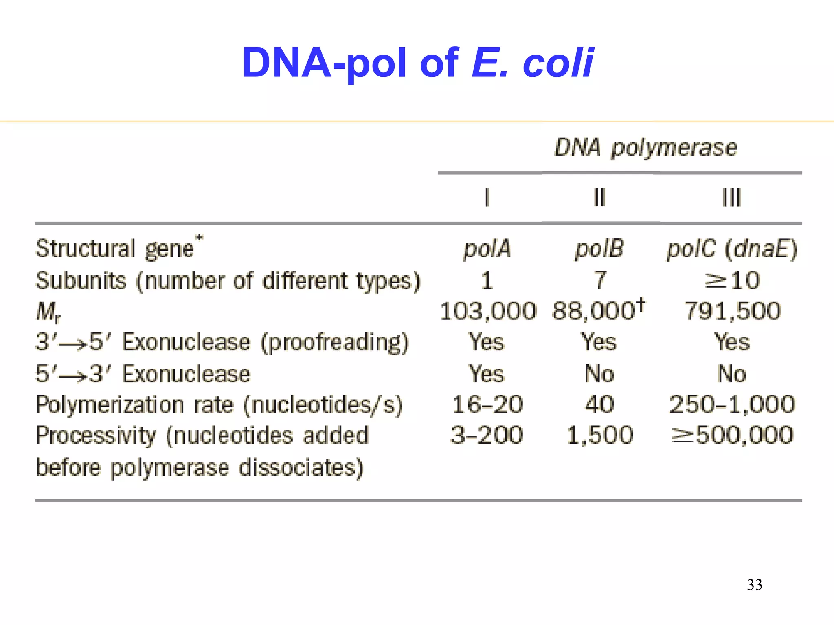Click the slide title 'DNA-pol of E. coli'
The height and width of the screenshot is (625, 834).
[418, 63]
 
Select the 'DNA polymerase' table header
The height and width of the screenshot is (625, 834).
[646, 148]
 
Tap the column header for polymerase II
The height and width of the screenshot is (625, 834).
[599, 198]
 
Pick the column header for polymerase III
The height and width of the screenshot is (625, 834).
[731, 198]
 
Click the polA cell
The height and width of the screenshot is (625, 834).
[487, 249]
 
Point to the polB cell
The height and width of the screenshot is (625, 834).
[599, 249]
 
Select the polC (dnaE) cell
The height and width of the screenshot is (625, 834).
[732, 249]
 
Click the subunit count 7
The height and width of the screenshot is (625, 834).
[600, 280]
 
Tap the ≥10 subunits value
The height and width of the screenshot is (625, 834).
[732, 280]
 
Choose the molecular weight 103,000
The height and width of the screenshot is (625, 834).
[488, 311]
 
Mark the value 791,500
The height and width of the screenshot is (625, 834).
[733, 311]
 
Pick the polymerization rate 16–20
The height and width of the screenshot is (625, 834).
[487, 404]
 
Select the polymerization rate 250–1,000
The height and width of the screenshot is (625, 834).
[732, 404]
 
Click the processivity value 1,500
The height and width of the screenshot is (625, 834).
[600, 435]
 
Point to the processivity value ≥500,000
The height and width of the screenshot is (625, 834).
[732, 435]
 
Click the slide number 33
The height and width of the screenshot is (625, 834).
[755, 585]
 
